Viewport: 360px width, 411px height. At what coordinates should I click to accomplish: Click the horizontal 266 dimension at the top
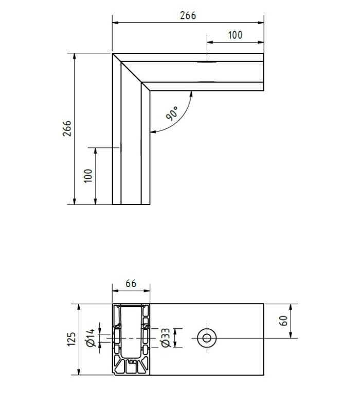(x=188, y=15)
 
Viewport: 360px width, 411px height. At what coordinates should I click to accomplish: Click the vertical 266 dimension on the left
(x=67, y=128)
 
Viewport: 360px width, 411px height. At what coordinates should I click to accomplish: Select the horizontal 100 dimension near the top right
(x=235, y=35)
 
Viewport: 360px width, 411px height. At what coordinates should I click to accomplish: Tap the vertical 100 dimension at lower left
(x=88, y=176)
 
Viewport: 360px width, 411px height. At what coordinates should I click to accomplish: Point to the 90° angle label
(x=172, y=113)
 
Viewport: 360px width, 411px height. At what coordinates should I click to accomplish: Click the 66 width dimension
(x=131, y=284)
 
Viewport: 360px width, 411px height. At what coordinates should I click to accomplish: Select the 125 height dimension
(x=71, y=339)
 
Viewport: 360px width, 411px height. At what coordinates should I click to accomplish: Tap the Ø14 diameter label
(x=91, y=338)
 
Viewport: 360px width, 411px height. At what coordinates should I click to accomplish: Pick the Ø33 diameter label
(x=166, y=338)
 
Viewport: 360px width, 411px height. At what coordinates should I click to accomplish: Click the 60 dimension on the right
(x=283, y=321)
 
